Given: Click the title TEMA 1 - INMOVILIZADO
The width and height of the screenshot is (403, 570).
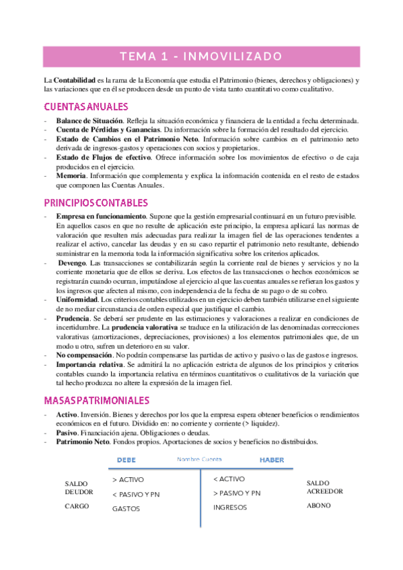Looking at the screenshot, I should pyautogui.click(x=201, y=56).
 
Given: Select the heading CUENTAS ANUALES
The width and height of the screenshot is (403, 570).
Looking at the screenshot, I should pyautogui.click(x=86, y=107).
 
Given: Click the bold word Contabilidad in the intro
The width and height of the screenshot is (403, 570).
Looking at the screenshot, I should pyautogui.click(x=77, y=80).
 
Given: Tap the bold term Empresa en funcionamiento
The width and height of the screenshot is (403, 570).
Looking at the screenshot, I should pyautogui.click(x=102, y=216).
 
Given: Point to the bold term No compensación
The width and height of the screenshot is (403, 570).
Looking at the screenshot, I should pyautogui.click(x=84, y=354).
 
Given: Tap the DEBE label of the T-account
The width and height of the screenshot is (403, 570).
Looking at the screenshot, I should pyautogui.click(x=126, y=460).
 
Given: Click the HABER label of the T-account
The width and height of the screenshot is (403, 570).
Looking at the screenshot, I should pyautogui.click(x=272, y=460).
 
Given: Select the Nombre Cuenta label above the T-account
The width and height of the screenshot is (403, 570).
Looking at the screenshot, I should pyautogui.click(x=199, y=459).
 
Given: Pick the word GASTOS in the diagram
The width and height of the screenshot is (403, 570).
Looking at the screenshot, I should pyautogui.click(x=126, y=509).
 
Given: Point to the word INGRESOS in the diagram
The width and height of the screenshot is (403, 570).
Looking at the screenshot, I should pyautogui.click(x=231, y=507).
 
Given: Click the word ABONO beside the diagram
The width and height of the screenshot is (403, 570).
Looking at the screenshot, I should pyautogui.click(x=318, y=505).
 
